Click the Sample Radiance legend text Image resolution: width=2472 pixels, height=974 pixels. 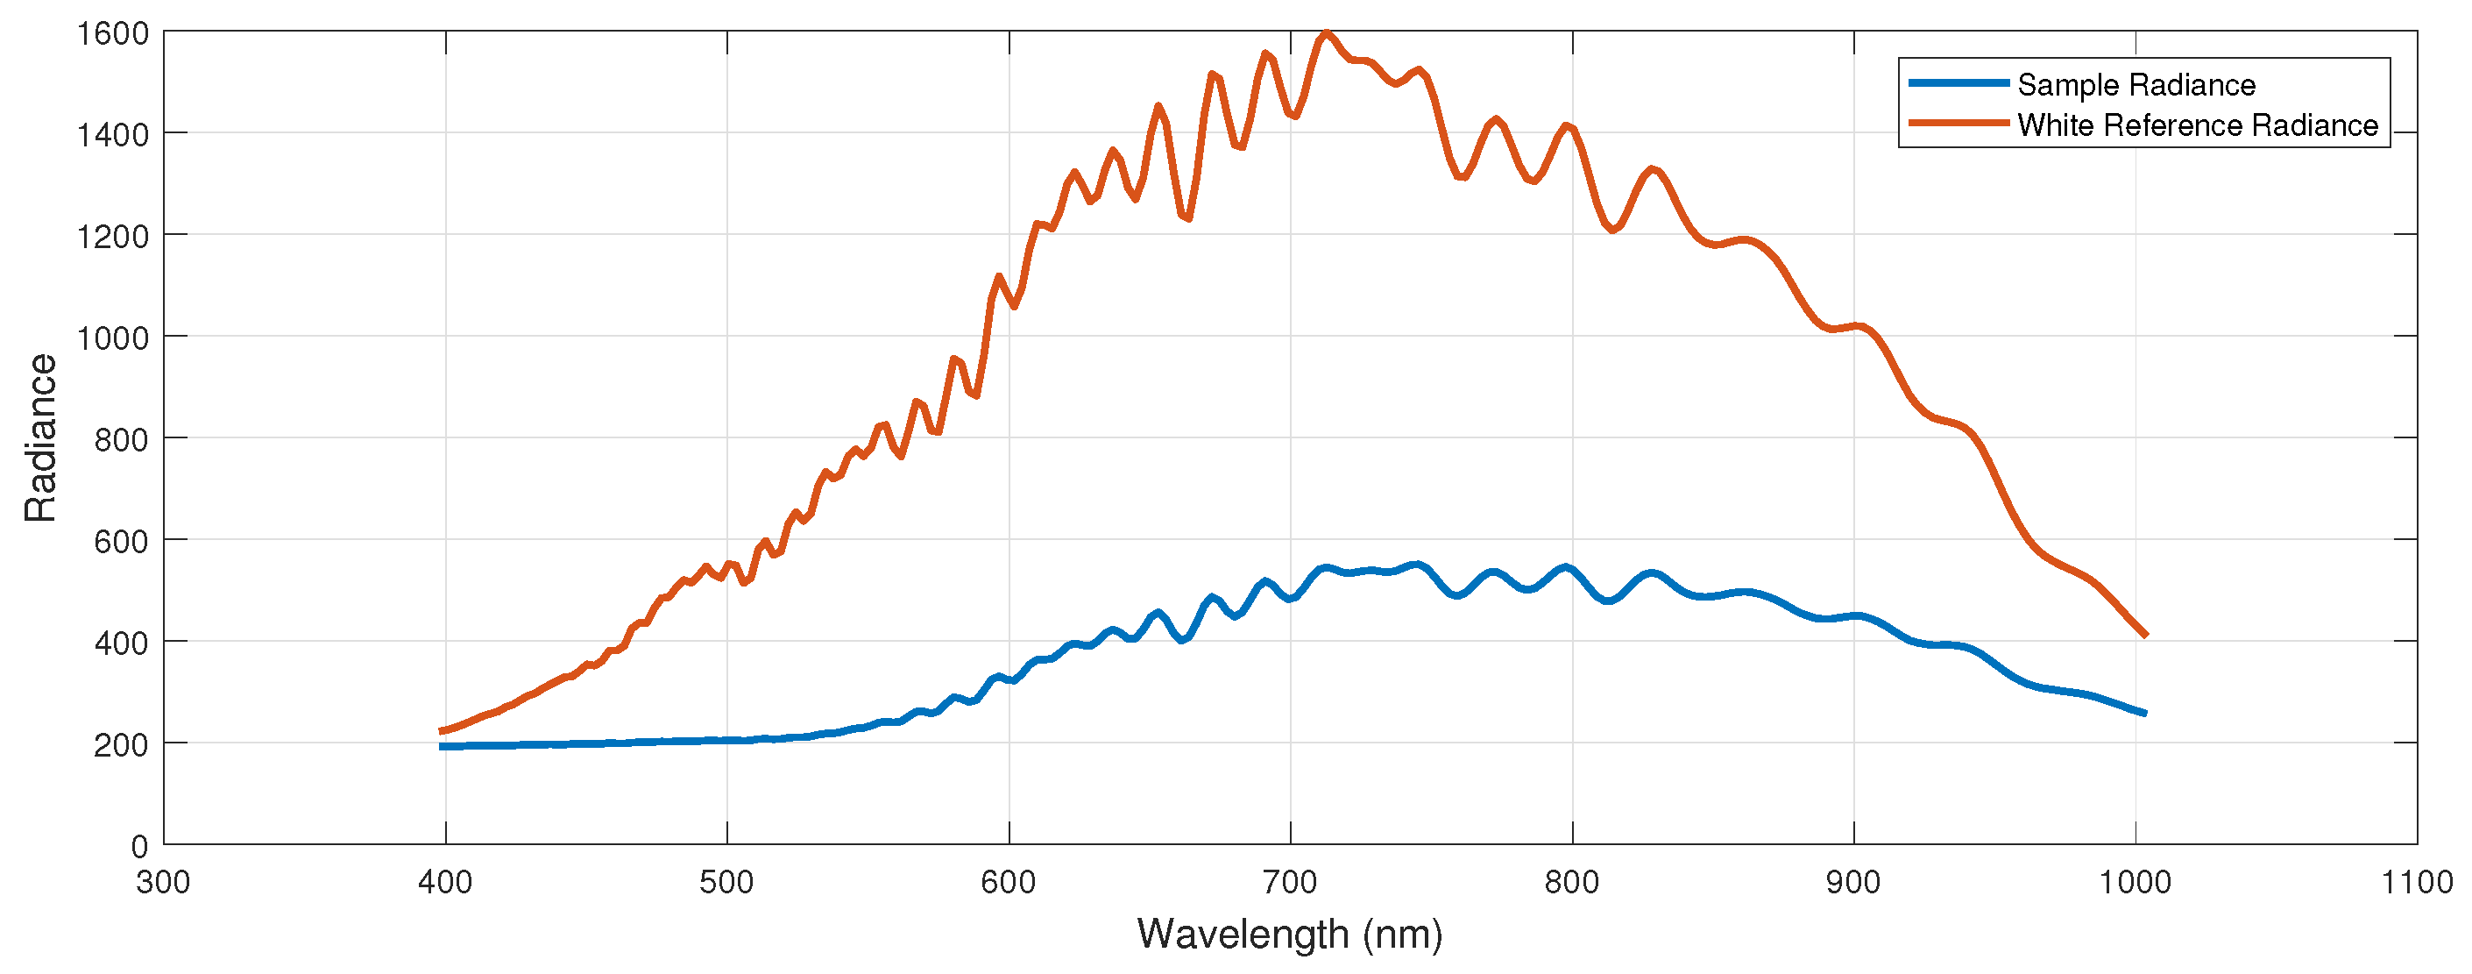[x=2136, y=85]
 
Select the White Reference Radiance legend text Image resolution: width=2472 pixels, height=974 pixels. [x=2197, y=125]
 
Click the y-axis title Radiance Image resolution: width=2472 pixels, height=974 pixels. [x=40, y=437]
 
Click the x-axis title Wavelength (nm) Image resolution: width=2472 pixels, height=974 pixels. [x=1289, y=934]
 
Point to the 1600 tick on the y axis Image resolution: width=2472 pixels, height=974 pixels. [x=113, y=33]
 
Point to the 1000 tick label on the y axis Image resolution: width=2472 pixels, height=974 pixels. [x=113, y=338]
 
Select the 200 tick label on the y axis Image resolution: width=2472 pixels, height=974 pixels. [x=121, y=744]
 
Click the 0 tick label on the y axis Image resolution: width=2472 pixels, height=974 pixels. [x=139, y=846]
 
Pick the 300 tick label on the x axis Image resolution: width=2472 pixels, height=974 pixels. [x=163, y=882]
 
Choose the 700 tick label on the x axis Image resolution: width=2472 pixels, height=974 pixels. [x=1290, y=882]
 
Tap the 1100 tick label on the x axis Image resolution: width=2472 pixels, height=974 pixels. [x=2416, y=882]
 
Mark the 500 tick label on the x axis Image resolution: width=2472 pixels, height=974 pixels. [x=726, y=882]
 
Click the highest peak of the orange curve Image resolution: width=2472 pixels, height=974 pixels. [x=1326, y=32]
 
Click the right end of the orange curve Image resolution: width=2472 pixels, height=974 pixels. [x=2146, y=636]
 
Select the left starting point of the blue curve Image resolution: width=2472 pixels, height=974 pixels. [x=442, y=747]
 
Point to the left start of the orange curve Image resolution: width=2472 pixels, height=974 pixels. [x=442, y=731]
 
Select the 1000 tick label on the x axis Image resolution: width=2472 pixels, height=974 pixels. [x=2136, y=882]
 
